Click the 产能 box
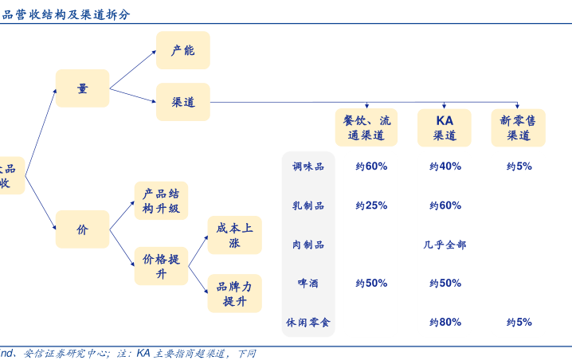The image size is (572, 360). [x=182, y=50]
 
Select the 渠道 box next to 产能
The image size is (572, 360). [x=182, y=102]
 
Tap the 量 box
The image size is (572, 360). [x=82, y=88]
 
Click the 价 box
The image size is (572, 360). [x=82, y=229]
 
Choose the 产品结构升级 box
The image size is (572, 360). [x=161, y=201]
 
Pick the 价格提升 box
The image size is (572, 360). [x=161, y=266]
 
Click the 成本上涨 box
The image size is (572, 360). [x=234, y=235]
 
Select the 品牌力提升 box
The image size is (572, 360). [x=234, y=293]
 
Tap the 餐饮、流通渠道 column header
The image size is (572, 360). [x=366, y=127]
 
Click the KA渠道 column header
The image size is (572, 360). [x=444, y=127]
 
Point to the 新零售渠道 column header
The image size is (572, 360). [x=518, y=127]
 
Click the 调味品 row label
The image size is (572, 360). [x=308, y=166]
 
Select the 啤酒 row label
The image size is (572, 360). [x=308, y=283]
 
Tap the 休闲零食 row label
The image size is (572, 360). [x=308, y=323]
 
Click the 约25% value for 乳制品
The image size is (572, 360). [x=371, y=205]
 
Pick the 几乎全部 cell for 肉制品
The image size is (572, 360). [x=445, y=245]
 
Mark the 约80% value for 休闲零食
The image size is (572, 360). [x=445, y=323]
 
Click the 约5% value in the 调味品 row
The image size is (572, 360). [x=519, y=166]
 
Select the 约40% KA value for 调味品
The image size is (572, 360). [x=445, y=166]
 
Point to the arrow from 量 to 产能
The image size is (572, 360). [x=133, y=69]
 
